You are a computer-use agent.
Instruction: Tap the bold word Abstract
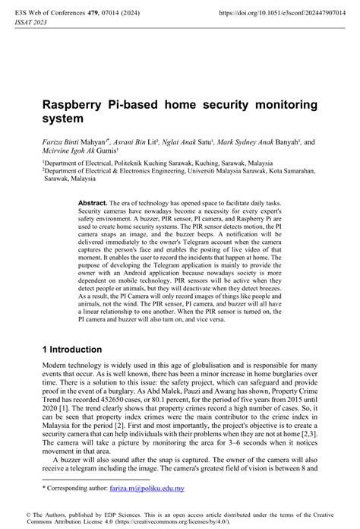[x=93, y=204]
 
